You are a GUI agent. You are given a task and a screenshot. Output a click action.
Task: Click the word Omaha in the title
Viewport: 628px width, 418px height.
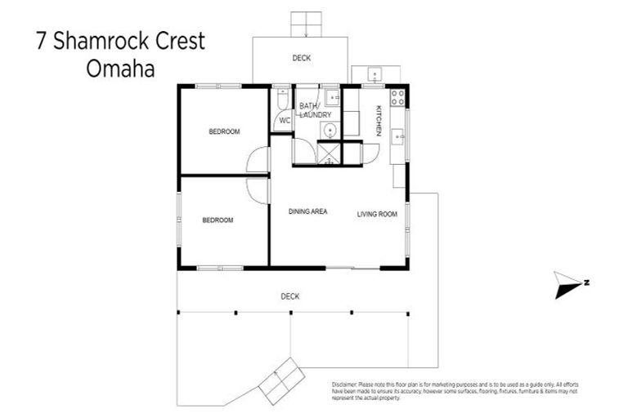point(120,69)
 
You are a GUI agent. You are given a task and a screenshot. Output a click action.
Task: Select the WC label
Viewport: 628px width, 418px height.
point(285,121)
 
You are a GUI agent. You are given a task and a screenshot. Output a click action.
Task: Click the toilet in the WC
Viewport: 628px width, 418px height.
point(282,99)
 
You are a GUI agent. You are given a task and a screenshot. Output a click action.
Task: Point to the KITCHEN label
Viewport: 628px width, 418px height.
point(379,121)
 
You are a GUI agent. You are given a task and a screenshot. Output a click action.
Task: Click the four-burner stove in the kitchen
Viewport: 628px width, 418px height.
point(397,97)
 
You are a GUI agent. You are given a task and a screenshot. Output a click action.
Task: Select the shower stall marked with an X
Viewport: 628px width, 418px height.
point(329,153)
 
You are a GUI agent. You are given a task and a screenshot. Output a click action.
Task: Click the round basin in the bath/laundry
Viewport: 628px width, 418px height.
point(330,131)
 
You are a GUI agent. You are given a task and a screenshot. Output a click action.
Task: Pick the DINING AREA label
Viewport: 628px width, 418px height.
point(308,211)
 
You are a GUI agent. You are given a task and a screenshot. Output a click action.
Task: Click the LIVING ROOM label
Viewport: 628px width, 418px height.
point(376,214)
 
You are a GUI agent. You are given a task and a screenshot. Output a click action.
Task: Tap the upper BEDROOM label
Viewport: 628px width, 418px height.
point(223,131)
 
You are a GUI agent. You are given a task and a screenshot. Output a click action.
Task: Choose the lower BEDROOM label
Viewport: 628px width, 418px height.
point(218,220)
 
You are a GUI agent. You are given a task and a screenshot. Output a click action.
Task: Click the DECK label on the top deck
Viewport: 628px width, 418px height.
point(302,58)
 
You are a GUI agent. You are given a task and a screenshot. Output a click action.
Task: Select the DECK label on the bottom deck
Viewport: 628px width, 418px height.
point(289,296)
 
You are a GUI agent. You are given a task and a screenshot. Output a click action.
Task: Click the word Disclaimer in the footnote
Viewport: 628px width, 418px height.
point(347,384)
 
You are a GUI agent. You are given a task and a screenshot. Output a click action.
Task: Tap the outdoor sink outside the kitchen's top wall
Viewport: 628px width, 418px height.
point(375,74)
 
